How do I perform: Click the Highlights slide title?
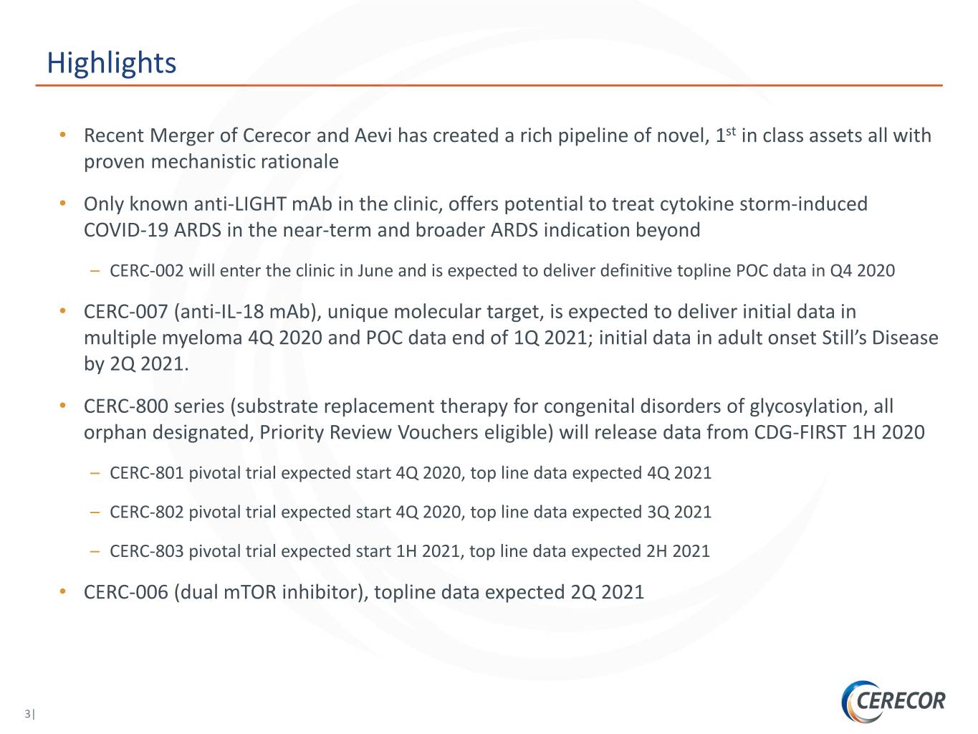point(111,63)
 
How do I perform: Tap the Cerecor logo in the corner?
point(893,700)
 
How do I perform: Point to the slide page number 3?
point(28,714)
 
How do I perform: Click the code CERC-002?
point(147,271)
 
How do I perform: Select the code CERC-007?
point(125,312)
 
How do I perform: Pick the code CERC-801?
point(147,473)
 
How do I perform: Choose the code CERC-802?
point(147,512)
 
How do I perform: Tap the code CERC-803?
point(147,551)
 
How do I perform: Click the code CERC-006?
point(125,592)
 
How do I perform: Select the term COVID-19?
point(125,230)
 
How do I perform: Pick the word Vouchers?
point(438,432)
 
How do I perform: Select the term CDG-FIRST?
point(800,432)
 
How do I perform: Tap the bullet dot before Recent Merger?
point(63,134)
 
